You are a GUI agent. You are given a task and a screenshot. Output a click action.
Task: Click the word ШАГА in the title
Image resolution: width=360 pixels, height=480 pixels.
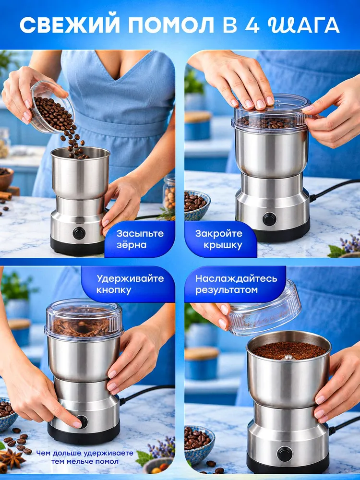[x=303, y=25]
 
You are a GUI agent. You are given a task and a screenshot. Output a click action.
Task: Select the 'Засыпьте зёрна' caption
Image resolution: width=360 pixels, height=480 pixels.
[x=140, y=239]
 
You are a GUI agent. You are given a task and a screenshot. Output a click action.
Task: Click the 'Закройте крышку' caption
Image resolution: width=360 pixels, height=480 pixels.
[x=218, y=239]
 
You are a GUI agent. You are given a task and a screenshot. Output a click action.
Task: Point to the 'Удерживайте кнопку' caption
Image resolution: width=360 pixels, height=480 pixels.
[x=130, y=284]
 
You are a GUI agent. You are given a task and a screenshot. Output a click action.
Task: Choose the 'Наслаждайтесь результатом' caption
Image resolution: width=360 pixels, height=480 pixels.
[x=236, y=284]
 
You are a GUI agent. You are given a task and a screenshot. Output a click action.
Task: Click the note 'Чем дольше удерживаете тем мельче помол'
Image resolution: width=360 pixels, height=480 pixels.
[x=85, y=457]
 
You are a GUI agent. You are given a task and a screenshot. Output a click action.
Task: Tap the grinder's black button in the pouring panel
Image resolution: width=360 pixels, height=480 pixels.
[x=79, y=233]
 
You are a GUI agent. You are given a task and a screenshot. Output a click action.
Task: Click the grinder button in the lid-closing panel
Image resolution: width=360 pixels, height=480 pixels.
[x=270, y=219]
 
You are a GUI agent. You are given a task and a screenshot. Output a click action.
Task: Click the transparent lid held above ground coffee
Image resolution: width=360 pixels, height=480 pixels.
[x=265, y=309]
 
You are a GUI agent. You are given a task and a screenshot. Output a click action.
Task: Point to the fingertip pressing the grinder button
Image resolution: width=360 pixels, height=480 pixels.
[x=77, y=424]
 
